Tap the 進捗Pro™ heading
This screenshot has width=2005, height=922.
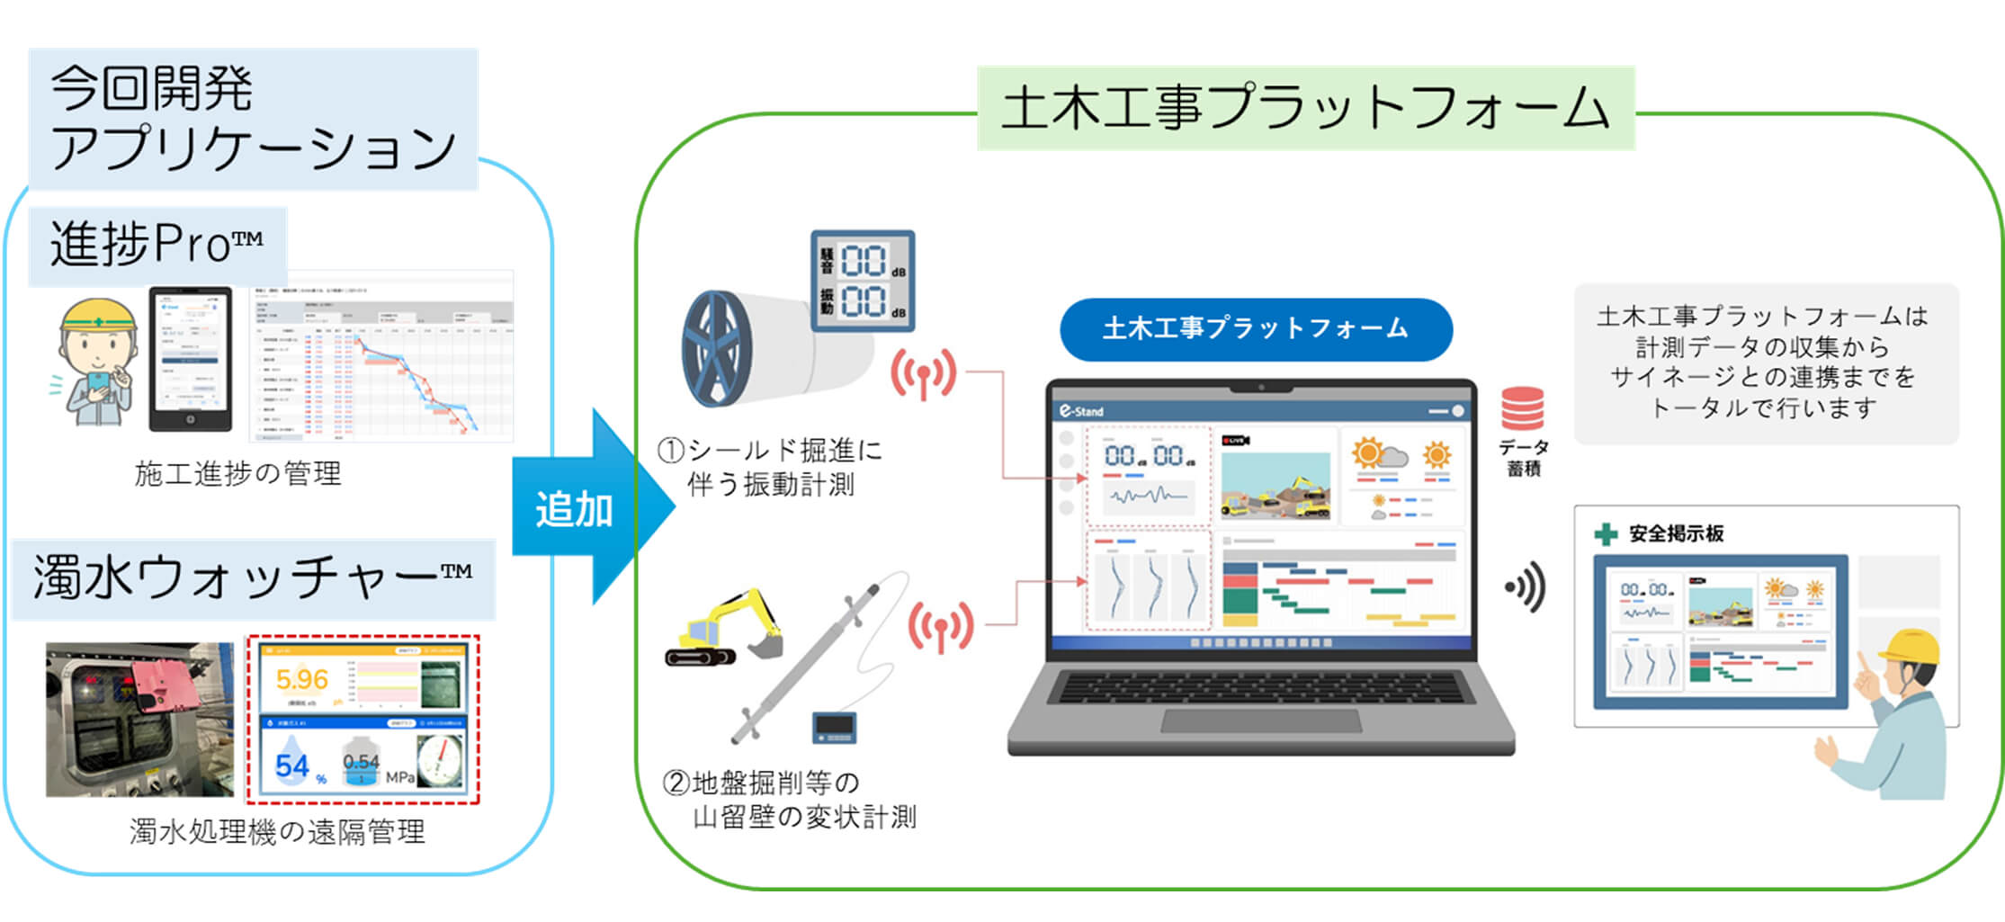157,245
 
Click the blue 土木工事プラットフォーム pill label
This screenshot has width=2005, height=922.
1255,329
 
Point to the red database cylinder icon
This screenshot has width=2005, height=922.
1522,409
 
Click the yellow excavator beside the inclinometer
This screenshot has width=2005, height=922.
724,629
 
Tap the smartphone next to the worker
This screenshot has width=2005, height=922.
190,359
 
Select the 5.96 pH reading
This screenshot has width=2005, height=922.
301,679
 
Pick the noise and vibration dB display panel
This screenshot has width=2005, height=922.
863,281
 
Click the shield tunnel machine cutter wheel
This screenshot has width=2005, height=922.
717,349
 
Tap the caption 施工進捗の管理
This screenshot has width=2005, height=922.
237,474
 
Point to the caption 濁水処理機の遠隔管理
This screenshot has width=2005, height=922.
277,832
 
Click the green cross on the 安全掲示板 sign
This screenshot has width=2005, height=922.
1606,534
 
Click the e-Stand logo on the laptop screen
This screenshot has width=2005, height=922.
1081,411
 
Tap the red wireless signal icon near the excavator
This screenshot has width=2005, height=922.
941,625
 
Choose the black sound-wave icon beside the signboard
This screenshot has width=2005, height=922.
1526,587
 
